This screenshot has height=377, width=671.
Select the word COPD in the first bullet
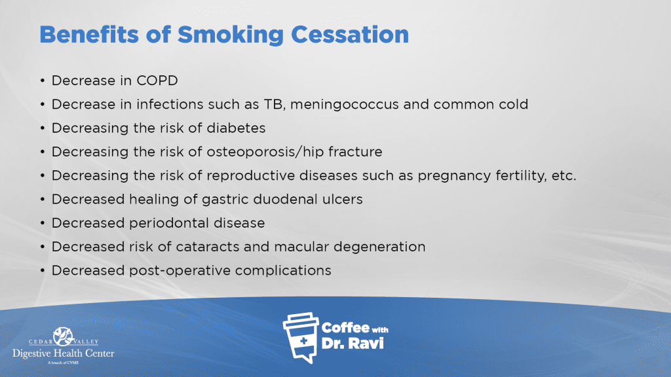[x=157, y=81]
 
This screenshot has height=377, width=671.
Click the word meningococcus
[x=344, y=105]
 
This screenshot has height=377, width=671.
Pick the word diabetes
[x=236, y=128]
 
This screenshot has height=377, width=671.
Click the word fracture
[x=355, y=152]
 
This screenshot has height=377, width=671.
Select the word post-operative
[x=180, y=270]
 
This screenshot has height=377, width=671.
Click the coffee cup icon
[x=301, y=338]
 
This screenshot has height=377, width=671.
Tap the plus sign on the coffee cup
[x=303, y=340]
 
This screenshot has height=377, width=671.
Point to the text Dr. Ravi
[x=352, y=343]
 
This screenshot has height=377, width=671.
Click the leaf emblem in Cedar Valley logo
[x=64, y=336]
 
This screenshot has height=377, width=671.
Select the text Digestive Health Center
[x=64, y=353]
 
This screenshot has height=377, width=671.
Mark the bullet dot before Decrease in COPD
[x=43, y=81]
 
